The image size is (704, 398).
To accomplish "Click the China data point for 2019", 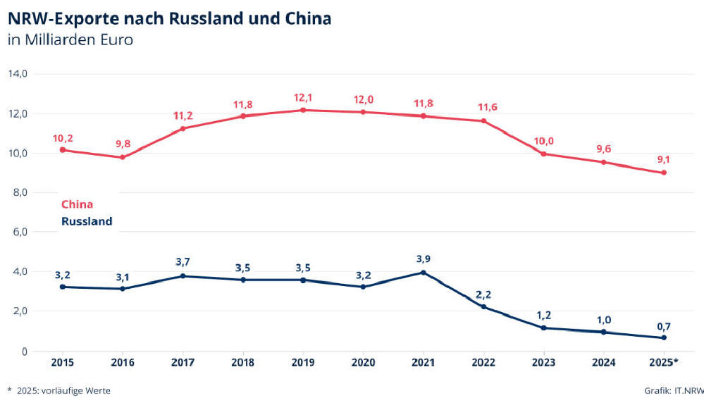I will click(303, 110).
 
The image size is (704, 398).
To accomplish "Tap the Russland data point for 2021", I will click(423, 273).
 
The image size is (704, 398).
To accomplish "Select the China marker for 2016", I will click(123, 157).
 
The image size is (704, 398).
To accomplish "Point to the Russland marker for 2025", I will click(664, 337).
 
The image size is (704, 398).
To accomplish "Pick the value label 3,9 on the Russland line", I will click(423, 259).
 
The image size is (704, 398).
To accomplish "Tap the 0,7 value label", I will click(663, 325).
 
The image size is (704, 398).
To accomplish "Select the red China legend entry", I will click(77, 204).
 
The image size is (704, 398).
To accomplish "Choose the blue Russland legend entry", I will click(87, 221).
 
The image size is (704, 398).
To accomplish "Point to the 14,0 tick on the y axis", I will click(18, 73).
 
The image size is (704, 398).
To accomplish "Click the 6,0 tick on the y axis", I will click(18, 232).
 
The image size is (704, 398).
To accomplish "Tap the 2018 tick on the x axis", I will click(242, 363).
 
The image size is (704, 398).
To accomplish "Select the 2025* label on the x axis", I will click(665, 363).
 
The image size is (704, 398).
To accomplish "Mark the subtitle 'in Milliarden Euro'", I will click(70, 39).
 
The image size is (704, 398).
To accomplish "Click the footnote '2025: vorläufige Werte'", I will click(63, 390).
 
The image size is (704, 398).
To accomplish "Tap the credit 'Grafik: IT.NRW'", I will click(673, 390).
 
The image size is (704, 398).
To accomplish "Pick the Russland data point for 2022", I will click(483, 306).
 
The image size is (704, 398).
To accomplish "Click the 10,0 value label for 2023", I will click(543, 141).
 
